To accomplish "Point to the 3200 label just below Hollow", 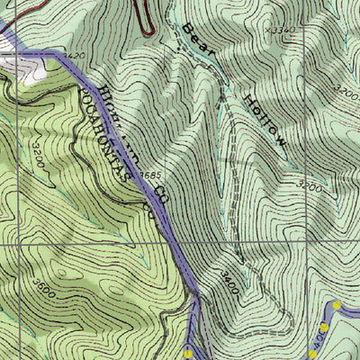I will [309, 186].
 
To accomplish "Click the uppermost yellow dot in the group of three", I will [336, 306].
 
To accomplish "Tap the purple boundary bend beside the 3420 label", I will [61, 56].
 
